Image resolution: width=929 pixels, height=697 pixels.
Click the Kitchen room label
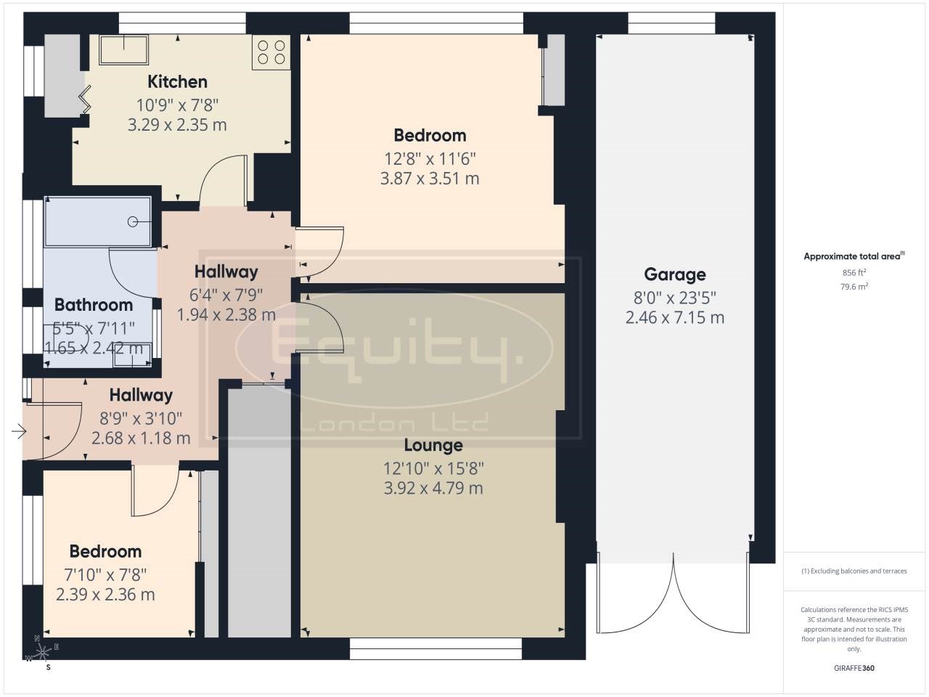coord(177,81)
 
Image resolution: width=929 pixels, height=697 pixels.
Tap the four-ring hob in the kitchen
coord(271,52)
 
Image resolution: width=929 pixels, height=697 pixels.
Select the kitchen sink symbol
coord(124,49)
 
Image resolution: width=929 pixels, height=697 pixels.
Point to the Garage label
coord(675,274)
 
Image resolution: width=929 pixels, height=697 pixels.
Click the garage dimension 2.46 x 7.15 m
coord(675,317)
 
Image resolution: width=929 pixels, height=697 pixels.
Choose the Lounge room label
coord(433,445)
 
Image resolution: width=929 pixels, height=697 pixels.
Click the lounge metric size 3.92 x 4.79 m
coord(433,488)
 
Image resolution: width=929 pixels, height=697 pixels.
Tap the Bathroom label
coord(94,305)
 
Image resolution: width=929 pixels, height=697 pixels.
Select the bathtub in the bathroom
coord(98,221)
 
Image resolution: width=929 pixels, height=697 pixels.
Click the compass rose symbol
coord(43,649)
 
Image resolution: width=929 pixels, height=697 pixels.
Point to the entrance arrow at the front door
coord(19,433)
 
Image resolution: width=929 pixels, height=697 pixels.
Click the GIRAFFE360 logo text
coord(854,668)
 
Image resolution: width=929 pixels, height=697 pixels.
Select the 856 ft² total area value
coord(854,273)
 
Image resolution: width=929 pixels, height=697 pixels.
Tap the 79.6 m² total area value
coord(854,286)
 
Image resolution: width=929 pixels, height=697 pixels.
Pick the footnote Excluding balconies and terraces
coord(854,571)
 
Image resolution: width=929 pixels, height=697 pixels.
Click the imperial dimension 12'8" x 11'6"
coord(430,158)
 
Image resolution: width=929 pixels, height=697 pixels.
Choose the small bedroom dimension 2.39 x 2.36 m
coord(105,595)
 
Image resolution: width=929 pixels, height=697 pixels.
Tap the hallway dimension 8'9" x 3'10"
coord(141,417)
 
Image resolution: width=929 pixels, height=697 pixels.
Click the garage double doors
coord(674,592)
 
